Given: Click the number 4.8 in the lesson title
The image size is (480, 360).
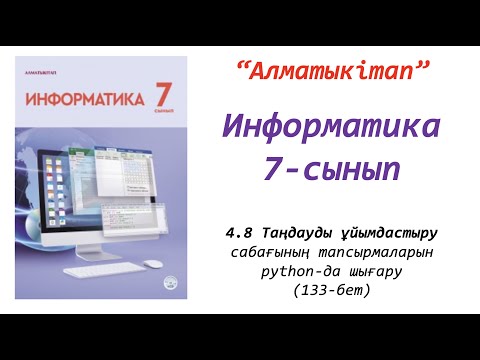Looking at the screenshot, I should (x=241, y=233).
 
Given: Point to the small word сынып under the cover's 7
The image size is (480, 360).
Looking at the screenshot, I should (x=163, y=116).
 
